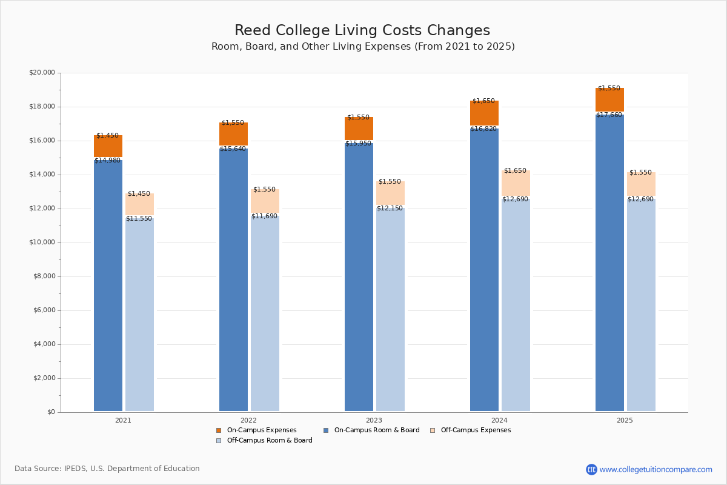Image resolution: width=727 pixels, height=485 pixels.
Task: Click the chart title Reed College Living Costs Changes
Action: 362,31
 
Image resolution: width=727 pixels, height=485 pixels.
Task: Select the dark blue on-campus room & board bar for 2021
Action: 108,285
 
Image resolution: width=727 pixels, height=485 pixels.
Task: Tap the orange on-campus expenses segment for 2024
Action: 484,113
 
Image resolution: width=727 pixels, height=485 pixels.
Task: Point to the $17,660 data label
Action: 609,115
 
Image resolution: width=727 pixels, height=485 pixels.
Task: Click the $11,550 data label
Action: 139,219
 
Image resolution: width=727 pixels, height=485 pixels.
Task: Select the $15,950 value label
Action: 358,144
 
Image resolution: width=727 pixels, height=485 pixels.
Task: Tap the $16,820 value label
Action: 483,129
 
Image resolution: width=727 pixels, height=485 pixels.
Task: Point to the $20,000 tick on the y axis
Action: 42,73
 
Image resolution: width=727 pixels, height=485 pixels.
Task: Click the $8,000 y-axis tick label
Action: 44,276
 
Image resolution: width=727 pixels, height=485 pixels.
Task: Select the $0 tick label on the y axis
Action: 50,412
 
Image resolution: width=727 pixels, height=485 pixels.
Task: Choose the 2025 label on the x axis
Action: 625,420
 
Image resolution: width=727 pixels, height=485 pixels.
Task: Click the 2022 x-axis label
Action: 248,420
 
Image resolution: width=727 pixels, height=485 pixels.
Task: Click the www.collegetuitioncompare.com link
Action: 656,469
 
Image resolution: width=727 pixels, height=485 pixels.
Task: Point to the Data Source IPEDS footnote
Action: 107,469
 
